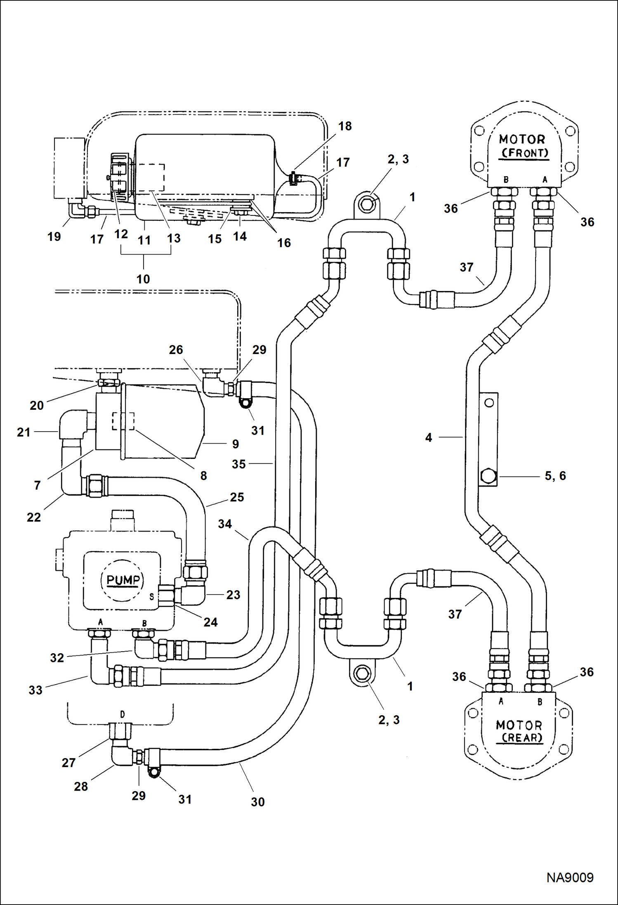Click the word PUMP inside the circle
coord(123,580)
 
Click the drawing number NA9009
coord(570,878)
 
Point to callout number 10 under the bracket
coord(143,279)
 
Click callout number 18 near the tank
coord(345,126)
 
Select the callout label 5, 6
coord(555,476)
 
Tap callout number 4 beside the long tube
coord(429,437)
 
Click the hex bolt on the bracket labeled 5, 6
coord(488,476)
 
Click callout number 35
coord(238,464)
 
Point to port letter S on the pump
coord(152,596)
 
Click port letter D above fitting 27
coord(122,714)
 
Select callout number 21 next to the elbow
coord(24,432)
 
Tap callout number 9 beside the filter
coord(235,444)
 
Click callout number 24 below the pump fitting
coord(210,622)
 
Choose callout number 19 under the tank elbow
coord(54,236)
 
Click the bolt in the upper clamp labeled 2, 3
coord(367,204)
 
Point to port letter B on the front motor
coord(506,180)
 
